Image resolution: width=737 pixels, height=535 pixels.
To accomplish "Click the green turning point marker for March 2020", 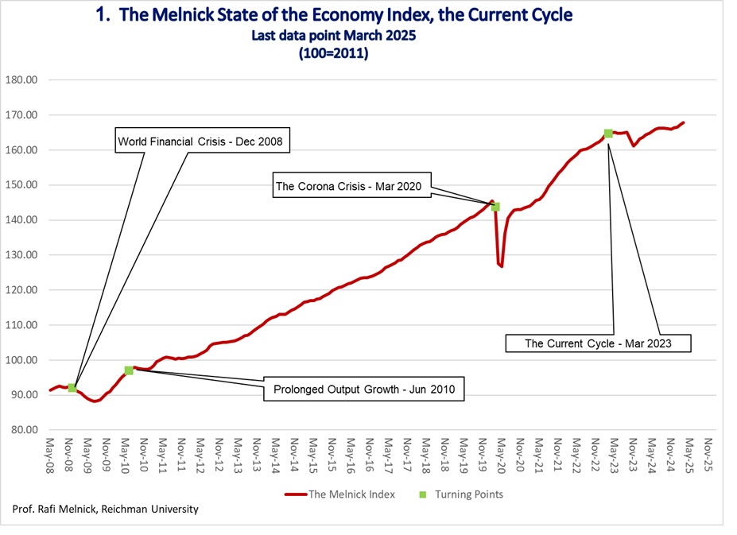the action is click(495, 207).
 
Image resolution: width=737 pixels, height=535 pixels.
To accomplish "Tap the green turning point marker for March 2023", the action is click(608, 134).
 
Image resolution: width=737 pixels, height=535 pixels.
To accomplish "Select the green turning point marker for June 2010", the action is click(129, 370).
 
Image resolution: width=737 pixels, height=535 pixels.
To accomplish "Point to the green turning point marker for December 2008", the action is click(72, 388).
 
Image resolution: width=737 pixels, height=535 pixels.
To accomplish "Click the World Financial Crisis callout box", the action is click(202, 140).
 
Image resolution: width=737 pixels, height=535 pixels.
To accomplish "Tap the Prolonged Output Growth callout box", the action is click(364, 389).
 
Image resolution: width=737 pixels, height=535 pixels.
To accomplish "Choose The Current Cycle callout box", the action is click(598, 343).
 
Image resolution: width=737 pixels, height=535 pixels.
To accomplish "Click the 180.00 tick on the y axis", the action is click(21, 80).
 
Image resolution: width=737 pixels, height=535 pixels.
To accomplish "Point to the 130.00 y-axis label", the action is click(21, 255).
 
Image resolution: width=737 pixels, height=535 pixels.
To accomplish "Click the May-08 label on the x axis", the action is click(49, 455).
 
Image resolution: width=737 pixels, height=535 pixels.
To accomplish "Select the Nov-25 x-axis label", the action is click(708, 455).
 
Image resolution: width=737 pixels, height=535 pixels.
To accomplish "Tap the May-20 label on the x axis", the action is click(501, 455).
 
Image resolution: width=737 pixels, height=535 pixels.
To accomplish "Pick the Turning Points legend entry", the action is click(461, 494).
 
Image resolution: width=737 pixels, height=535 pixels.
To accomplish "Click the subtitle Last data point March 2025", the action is click(334, 35).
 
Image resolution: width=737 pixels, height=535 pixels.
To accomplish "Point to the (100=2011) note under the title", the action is click(334, 52).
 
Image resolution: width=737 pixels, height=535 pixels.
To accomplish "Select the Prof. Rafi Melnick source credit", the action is click(105, 509).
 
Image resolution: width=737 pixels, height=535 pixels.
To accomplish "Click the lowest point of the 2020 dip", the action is click(502, 266).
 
